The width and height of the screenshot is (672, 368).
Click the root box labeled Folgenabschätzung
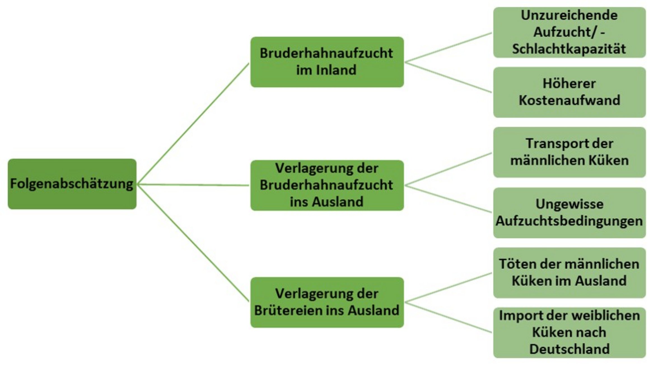coord(72,184)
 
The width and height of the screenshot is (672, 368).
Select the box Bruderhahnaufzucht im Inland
coord(327,62)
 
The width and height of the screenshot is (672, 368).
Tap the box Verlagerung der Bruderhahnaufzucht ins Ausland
coord(327,185)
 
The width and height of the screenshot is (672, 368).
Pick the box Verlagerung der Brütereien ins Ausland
coord(327,302)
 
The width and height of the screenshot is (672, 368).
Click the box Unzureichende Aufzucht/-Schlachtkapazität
coord(569,32)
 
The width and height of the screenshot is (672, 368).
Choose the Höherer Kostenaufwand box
coord(569,92)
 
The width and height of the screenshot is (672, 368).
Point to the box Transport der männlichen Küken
coord(569,152)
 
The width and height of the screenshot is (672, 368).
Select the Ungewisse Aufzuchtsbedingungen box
coord(569,213)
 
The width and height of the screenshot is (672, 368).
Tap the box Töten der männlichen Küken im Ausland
coord(569,272)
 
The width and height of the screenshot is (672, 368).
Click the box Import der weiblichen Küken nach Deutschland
coord(569,332)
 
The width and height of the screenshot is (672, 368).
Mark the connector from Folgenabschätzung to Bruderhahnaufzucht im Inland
coord(193,124)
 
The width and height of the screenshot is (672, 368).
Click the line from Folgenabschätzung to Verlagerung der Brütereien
coord(193,243)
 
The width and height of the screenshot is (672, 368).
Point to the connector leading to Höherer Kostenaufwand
coord(448,77)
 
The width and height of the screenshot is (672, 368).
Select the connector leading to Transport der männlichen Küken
coord(448,169)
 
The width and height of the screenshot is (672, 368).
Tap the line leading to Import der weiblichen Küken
coord(448,318)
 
